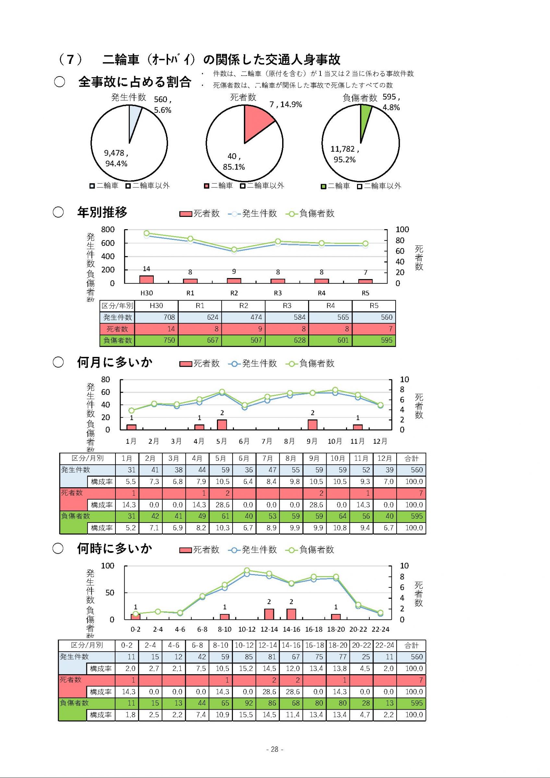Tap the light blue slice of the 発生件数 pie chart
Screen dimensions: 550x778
134,119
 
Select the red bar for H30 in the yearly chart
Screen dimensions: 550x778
146,279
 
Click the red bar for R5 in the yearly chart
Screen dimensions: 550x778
365,281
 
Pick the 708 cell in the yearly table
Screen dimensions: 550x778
156,317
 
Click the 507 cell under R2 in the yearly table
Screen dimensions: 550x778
243,340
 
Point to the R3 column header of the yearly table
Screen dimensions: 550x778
287,306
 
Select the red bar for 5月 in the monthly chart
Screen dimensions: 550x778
222,425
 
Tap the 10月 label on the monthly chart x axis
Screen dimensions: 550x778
335,441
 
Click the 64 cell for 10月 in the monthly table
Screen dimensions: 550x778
338,516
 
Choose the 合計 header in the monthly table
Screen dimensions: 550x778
412,458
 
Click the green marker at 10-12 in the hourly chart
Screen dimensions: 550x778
247,570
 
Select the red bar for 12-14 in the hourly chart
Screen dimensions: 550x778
269,614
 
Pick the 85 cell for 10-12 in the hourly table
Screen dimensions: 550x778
244,657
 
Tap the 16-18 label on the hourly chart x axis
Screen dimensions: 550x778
314,629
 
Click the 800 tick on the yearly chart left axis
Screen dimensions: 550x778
108,230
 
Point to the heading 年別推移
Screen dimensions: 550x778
102,212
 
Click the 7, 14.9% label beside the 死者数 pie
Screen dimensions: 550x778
286,104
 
